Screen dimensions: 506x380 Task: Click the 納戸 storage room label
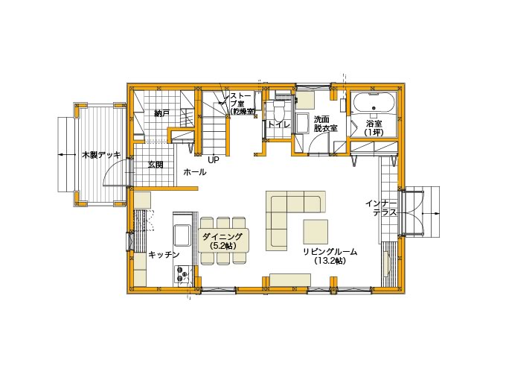[162, 114]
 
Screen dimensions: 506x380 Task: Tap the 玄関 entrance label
[156, 165]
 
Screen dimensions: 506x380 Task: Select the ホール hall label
[195, 172]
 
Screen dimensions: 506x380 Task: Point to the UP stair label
[214, 159]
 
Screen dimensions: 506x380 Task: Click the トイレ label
[279, 124]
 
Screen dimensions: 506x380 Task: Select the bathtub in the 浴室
[374, 103]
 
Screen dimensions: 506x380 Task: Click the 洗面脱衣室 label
[326, 124]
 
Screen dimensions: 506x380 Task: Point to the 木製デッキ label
[101, 155]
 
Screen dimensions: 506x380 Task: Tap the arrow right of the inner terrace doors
[431, 213]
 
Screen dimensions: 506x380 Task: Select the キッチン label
[164, 255]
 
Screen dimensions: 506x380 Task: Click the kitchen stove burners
[182, 275]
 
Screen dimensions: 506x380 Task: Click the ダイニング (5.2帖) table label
[223, 241]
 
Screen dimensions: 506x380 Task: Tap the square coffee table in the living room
[316, 232]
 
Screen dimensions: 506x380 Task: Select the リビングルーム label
[330, 256]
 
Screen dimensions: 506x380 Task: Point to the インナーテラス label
[381, 208]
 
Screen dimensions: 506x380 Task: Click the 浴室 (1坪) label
[374, 128]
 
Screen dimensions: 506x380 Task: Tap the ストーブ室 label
[243, 104]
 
